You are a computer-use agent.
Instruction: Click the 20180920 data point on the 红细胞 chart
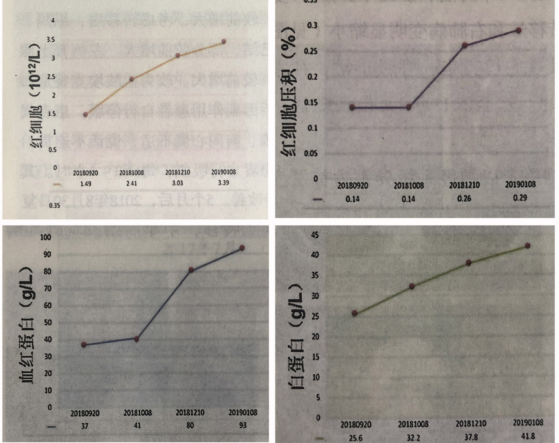85,114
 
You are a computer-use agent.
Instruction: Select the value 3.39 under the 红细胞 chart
224,183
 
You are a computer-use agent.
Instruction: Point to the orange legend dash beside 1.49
57,184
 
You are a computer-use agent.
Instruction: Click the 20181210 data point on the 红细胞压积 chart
465,45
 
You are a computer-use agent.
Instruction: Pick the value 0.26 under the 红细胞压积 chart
464,198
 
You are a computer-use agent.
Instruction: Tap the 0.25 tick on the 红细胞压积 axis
311,51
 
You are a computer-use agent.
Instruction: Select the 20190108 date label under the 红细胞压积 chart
520,184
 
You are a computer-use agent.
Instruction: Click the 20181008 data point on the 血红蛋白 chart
136,339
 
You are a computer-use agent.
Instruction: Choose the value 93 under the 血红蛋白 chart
243,425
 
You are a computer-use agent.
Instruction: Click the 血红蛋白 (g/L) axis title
26,324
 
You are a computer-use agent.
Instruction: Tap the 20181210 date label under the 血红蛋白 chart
190,413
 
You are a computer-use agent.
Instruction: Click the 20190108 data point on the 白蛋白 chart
527,246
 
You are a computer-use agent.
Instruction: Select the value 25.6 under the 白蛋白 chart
355,438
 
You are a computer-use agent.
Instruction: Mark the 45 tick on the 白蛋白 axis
315,235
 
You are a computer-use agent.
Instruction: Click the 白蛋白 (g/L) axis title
297,336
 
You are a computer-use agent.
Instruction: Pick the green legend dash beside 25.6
319,438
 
